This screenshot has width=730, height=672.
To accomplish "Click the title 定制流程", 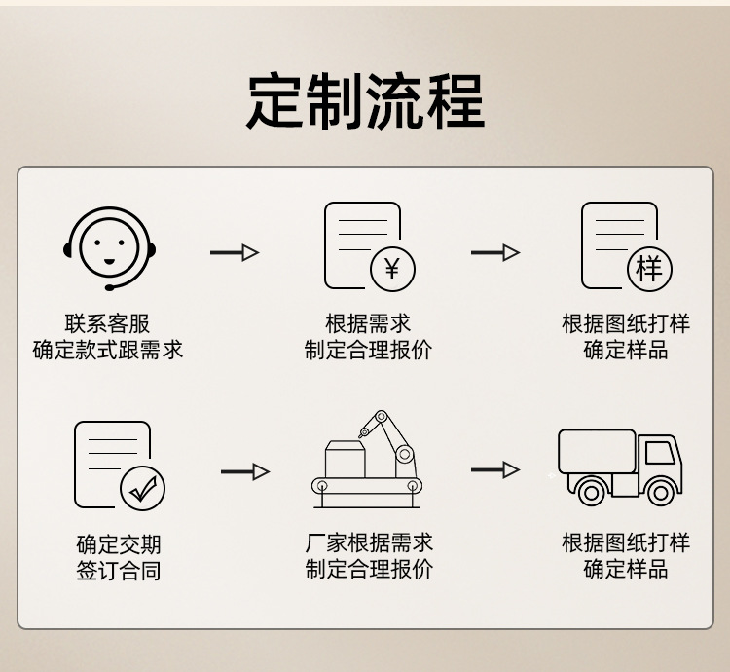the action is (x=365, y=100).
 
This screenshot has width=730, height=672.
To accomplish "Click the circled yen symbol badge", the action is (x=392, y=268).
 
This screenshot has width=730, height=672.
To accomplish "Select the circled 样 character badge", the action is (x=649, y=268).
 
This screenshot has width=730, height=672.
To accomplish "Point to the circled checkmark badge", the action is (x=142, y=488).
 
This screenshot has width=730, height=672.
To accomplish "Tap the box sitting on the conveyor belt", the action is (x=345, y=460).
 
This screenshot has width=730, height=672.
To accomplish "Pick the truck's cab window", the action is (x=659, y=452).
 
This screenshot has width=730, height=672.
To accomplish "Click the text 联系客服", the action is (x=107, y=324).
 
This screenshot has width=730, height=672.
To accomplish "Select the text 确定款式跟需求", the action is (x=107, y=350).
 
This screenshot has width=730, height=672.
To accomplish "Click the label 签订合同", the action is (x=119, y=570).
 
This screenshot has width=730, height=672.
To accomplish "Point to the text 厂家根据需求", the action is (x=368, y=542).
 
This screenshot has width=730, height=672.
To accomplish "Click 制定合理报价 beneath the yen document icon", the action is (x=368, y=350).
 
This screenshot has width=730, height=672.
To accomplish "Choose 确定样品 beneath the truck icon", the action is (x=625, y=568).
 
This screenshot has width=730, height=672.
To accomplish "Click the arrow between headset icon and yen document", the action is (x=235, y=253).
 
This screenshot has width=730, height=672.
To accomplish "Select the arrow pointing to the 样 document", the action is (x=495, y=253).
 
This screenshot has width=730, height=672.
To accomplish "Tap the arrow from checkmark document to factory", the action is (x=244, y=472).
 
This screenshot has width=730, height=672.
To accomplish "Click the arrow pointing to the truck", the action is (x=495, y=470).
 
